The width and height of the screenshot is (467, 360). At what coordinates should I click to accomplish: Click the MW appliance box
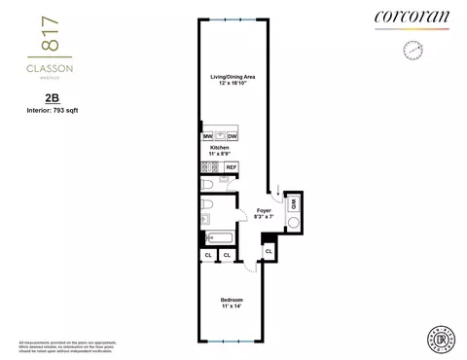point(208,136)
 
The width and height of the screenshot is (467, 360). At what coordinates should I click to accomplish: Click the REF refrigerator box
point(232,167)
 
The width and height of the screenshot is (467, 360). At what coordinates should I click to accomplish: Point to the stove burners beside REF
point(209,167)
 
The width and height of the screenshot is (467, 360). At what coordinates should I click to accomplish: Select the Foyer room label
point(263,209)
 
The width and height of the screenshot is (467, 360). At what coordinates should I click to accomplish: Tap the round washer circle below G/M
point(293,222)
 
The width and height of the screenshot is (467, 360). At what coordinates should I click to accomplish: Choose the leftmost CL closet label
point(208,255)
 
